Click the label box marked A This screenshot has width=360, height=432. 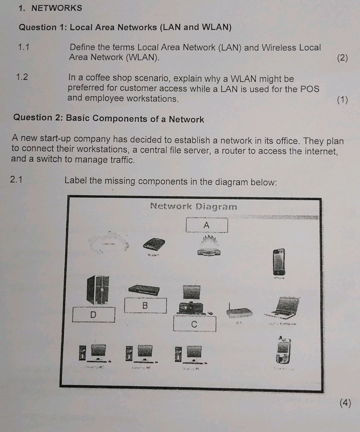[x=207, y=225]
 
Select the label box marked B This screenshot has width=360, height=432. [x=145, y=306]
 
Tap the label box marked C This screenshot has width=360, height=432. [x=194, y=324]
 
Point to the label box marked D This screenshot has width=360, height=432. [x=94, y=314]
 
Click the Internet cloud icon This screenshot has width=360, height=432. [x=107, y=244]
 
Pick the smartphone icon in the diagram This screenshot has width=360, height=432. [x=279, y=262]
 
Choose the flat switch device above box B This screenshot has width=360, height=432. [x=144, y=290]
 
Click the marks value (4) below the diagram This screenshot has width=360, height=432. [x=345, y=403]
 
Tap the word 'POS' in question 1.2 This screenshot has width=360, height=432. [x=310, y=89]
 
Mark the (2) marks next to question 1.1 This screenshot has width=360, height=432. [x=342, y=58]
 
